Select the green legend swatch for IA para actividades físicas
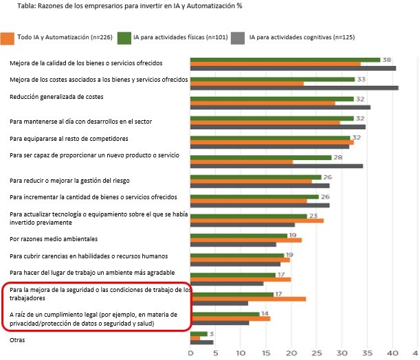(124, 36)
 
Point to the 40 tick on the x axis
(393, 353)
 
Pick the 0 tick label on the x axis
(191, 353)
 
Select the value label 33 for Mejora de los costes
(360, 79)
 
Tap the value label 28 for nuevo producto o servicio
(338, 157)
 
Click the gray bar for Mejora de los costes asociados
(294, 88)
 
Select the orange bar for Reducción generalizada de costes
(263, 103)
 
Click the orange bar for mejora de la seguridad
(248, 298)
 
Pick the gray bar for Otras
(202, 342)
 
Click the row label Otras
(18, 339)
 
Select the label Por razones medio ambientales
(54, 238)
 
